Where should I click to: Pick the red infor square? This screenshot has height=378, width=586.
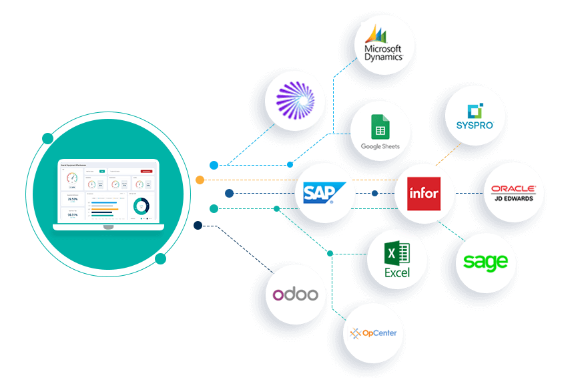[x=424, y=194]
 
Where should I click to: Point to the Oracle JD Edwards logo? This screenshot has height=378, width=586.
[x=513, y=194]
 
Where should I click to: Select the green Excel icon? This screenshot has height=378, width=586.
[x=397, y=259]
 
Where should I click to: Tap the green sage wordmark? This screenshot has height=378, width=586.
[x=486, y=262]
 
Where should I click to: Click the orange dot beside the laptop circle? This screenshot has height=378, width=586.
[x=200, y=180]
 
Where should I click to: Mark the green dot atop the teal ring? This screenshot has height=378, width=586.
[x=47, y=138]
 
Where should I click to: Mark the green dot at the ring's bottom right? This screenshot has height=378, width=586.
[x=160, y=258]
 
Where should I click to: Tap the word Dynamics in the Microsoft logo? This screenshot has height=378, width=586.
[x=384, y=57]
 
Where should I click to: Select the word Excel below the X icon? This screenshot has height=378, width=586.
[x=397, y=272]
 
